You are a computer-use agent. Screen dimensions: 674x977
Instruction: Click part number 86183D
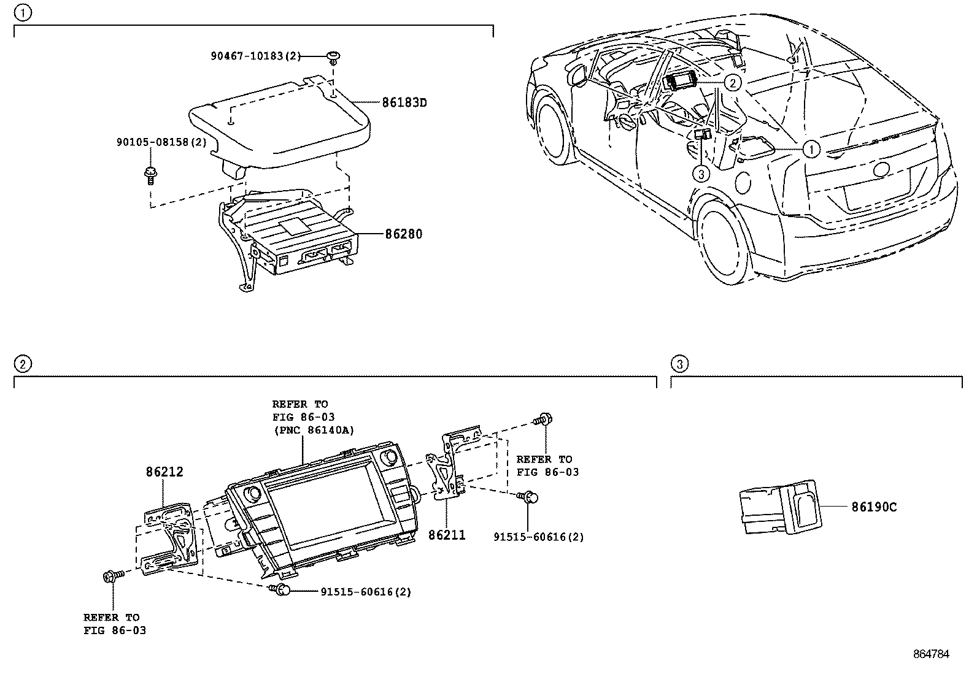404,103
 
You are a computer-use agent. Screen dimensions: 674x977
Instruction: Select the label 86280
403,234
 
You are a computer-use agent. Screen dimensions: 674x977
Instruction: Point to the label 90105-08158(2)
161,142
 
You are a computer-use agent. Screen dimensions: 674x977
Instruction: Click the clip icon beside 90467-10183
333,57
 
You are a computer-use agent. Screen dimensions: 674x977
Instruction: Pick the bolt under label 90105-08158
149,175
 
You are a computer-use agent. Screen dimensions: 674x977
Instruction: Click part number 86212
164,472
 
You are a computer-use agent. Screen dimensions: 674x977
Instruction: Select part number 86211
447,535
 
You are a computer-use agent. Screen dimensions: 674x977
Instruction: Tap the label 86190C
873,507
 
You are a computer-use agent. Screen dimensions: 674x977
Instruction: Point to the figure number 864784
931,654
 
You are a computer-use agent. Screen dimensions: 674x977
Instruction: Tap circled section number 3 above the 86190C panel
678,364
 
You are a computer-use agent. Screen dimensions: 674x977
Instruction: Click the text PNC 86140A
313,430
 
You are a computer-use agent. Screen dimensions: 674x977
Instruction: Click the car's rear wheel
724,241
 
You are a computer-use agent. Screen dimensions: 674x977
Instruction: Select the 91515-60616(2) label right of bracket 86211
538,537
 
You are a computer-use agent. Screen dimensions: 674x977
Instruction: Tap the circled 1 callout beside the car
811,149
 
